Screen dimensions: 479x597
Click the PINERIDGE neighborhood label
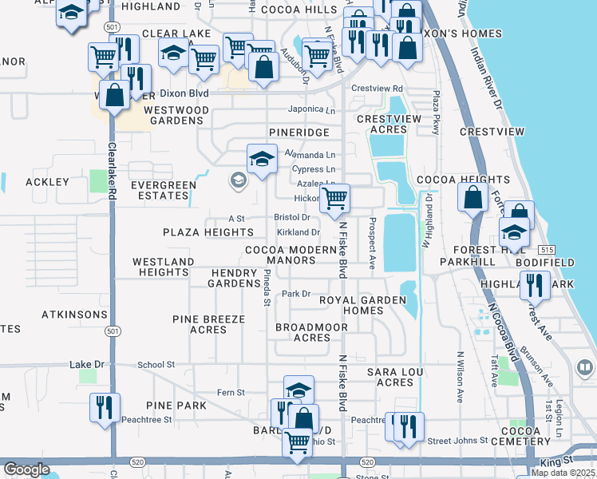pos(300,130)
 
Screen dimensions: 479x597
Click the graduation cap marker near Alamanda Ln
pos(261,159)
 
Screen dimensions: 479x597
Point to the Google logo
pos(26,469)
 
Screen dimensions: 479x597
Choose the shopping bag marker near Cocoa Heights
pos(473,197)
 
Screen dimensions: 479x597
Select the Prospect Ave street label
pos(372,243)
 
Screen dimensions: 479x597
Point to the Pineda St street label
pos(267,288)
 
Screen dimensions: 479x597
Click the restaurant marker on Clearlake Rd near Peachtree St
pos(105,408)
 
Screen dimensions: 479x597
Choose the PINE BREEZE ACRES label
pos(208,324)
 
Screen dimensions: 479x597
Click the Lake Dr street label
pos(87,365)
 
